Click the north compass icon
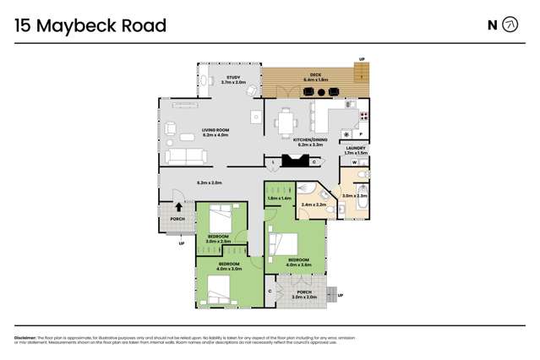510,25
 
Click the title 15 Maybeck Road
90,25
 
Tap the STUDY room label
232,78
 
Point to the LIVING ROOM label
215,129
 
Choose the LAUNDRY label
356,148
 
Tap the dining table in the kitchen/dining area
285,122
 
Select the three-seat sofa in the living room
184,156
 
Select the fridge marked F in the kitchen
362,134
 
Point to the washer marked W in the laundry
354,161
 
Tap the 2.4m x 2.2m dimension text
313,205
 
